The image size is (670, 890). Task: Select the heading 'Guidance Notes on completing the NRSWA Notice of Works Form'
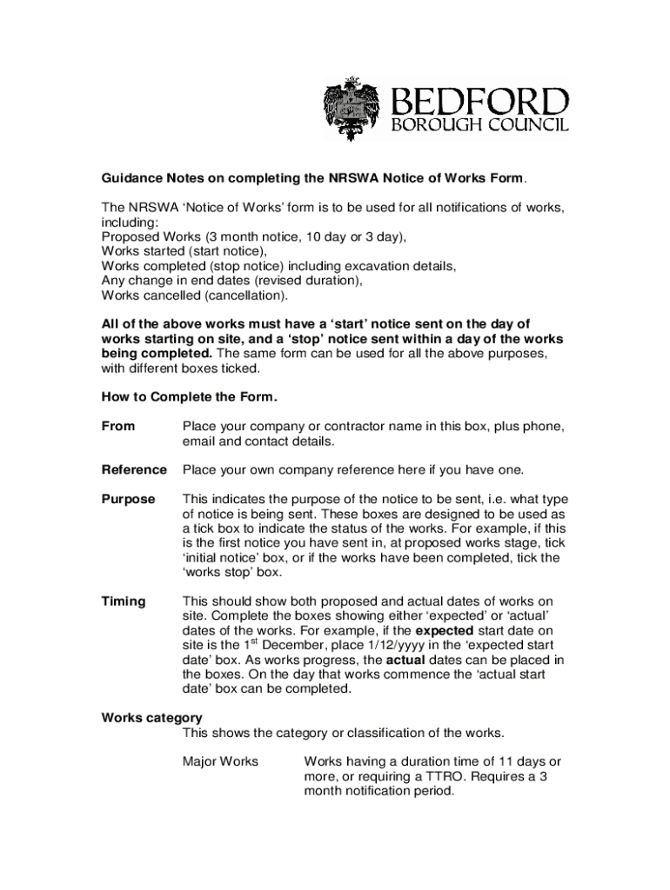tap(313, 179)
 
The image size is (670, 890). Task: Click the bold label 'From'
tap(118, 427)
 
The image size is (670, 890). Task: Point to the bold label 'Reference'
tap(134, 470)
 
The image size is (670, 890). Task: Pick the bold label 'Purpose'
tap(128, 500)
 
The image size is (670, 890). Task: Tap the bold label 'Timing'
tap(124, 601)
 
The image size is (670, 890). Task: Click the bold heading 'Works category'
tap(152, 718)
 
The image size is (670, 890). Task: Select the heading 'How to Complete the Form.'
tap(190, 397)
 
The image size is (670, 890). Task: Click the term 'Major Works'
tap(220, 761)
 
